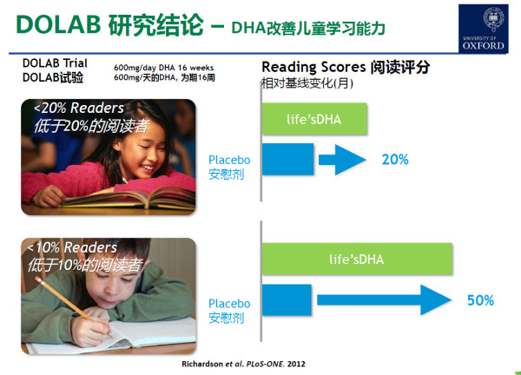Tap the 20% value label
(395, 160)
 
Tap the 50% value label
(480, 300)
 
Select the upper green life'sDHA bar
(314, 119)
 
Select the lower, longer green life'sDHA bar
(357, 260)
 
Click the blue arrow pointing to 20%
(343, 160)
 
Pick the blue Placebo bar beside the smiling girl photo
(287, 160)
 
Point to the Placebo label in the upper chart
(229, 160)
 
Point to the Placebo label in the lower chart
(229, 304)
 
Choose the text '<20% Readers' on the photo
(79, 109)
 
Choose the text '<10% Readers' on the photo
(73, 248)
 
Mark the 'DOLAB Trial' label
(55, 64)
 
